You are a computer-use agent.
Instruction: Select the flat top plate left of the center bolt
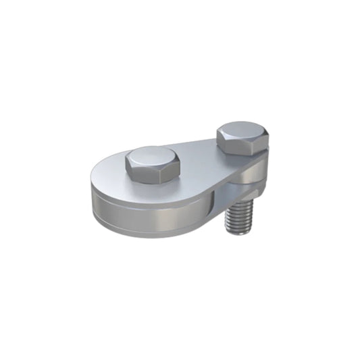[x=108, y=177]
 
